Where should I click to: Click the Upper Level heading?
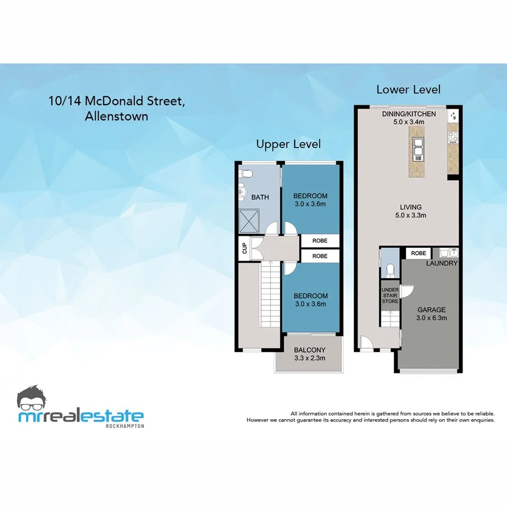coord(288,144)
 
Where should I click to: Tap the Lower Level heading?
coord(408,90)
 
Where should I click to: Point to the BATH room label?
coord(260,197)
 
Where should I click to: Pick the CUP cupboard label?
coord(244,248)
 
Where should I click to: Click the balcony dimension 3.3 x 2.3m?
coord(309,357)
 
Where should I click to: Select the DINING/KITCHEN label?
coord(408,114)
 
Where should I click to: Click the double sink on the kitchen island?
coord(418,150)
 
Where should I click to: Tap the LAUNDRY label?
coord(442,264)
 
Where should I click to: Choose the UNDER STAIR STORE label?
coord(390,296)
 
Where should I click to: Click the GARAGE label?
coord(432,310)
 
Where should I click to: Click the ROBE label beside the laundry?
coord(419,253)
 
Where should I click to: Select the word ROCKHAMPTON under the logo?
coord(125,426)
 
